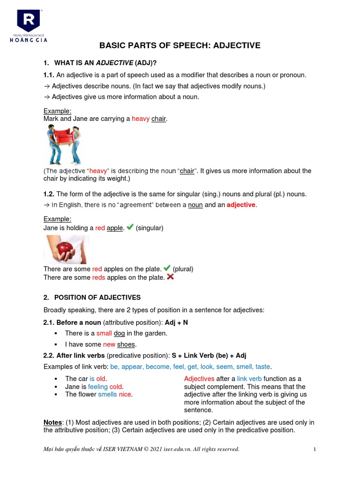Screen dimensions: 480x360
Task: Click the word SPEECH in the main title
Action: [x=192, y=45]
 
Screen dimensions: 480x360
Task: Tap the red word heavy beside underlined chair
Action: [x=141, y=119]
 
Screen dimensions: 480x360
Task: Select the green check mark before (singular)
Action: [x=130, y=227]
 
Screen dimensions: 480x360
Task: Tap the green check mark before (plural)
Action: [x=167, y=268]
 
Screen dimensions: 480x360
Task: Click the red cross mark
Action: [x=170, y=277]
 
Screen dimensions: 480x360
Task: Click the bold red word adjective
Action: [x=241, y=205]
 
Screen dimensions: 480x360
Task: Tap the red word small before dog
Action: [x=104, y=333]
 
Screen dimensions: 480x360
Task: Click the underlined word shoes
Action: [x=126, y=345]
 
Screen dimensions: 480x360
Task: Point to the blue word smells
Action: [x=107, y=395]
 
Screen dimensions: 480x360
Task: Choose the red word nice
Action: [x=125, y=395]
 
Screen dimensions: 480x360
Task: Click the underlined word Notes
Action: [x=52, y=422]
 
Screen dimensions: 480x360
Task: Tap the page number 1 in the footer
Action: [x=315, y=449]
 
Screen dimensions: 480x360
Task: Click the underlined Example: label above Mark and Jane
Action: [x=57, y=111]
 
